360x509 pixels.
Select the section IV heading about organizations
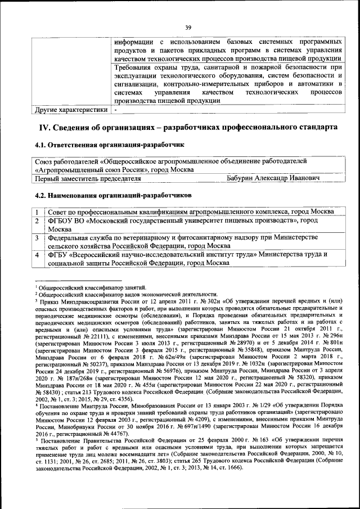pos(187,128)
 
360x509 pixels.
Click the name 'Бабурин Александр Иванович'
pos(273,178)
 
